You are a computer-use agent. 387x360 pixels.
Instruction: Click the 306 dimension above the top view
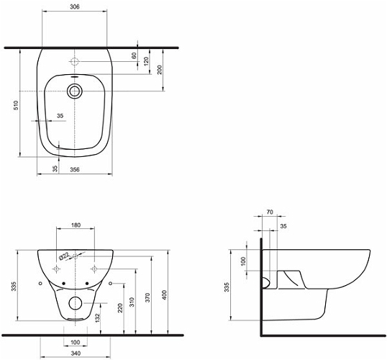coord(75,7)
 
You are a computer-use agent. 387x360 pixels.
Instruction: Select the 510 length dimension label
coord(16,105)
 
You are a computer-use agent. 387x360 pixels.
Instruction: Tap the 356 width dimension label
coord(75,169)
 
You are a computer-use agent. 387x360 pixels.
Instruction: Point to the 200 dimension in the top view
coord(160,69)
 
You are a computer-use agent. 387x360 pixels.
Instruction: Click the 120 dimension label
coord(146,61)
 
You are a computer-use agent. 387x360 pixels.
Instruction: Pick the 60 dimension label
coord(134,55)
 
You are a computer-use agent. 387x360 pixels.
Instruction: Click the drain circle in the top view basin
coord(74,91)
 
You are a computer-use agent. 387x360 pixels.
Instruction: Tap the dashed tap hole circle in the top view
coord(74,61)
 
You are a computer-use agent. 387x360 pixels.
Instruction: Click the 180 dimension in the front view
coord(76,225)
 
